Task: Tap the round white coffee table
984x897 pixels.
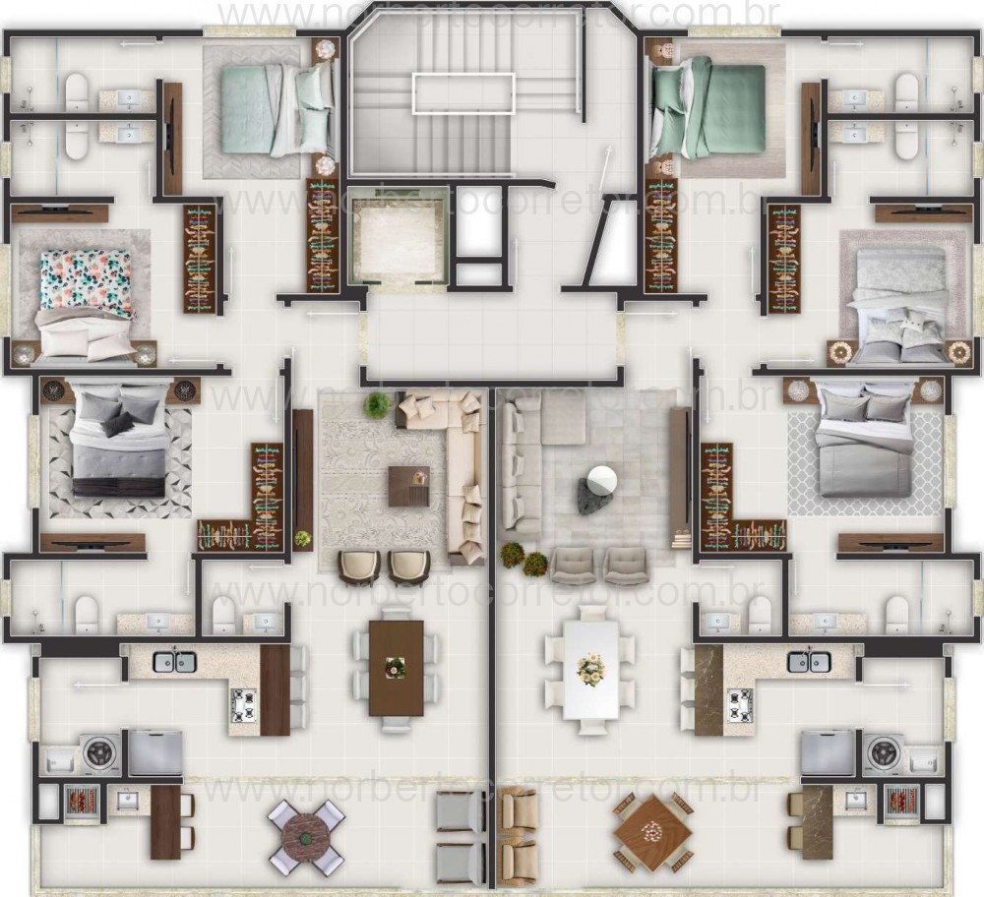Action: pyautogui.click(x=601, y=480)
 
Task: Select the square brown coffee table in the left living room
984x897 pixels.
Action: pyautogui.click(x=408, y=486)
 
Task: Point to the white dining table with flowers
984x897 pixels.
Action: pyautogui.click(x=590, y=670)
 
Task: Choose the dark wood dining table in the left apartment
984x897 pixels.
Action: pyautogui.click(x=396, y=668)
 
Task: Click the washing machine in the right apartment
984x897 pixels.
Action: pyautogui.click(x=883, y=753)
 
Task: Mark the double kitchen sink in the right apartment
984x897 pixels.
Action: pyautogui.click(x=809, y=662)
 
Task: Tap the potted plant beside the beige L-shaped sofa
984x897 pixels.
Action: pyautogui.click(x=377, y=405)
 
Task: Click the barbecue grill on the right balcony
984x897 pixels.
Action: pyautogui.click(x=903, y=803)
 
